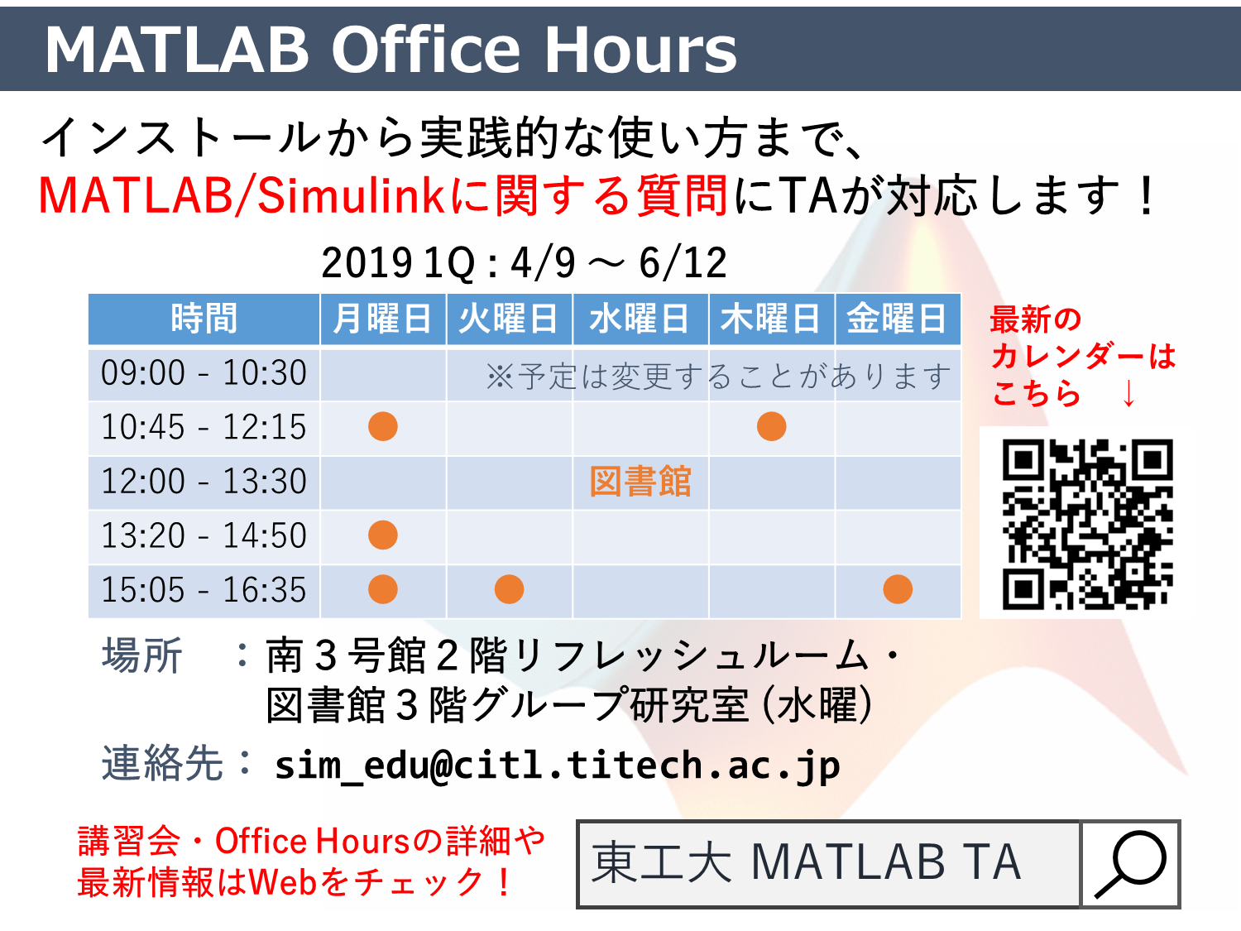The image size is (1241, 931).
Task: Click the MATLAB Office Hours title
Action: [x=391, y=50]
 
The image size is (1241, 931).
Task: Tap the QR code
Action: [x=1087, y=524]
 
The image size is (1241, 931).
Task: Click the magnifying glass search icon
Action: [x=1129, y=864]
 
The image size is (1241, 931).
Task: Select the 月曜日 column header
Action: [x=382, y=319]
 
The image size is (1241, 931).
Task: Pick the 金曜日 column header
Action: [x=897, y=319]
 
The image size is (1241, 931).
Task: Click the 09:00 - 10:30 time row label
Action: [x=204, y=373]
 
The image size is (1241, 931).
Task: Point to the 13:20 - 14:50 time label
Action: [x=204, y=535]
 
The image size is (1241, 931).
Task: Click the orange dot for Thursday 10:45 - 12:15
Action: [x=771, y=426]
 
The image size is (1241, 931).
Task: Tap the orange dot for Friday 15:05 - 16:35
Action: [x=898, y=589]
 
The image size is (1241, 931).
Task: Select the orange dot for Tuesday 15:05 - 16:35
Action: [x=509, y=589]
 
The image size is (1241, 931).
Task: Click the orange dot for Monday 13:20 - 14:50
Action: [x=383, y=535]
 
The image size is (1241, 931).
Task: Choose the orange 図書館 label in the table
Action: [x=640, y=482]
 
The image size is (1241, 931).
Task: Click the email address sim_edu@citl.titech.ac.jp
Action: [x=558, y=766]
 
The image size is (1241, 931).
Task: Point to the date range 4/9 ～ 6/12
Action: [x=619, y=263]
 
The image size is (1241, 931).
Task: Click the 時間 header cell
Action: [x=204, y=319]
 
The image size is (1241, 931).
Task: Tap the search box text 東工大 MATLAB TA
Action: [x=806, y=862]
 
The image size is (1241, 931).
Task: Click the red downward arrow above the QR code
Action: [x=1128, y=393]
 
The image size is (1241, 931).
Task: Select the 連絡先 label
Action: [x=162, y=763]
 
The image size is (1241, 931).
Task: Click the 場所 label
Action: [x=142, y=655]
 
